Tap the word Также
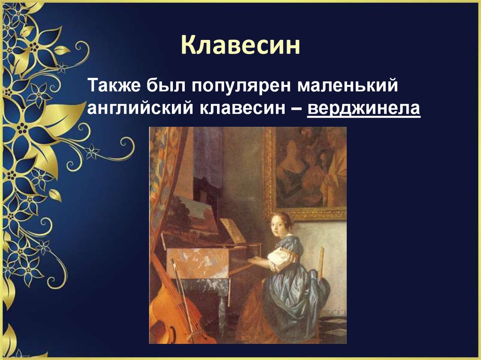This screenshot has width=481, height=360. pyautogui.click(x=111, y=87)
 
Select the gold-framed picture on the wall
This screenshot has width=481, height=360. pyautogui.click(x=305, y=171)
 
